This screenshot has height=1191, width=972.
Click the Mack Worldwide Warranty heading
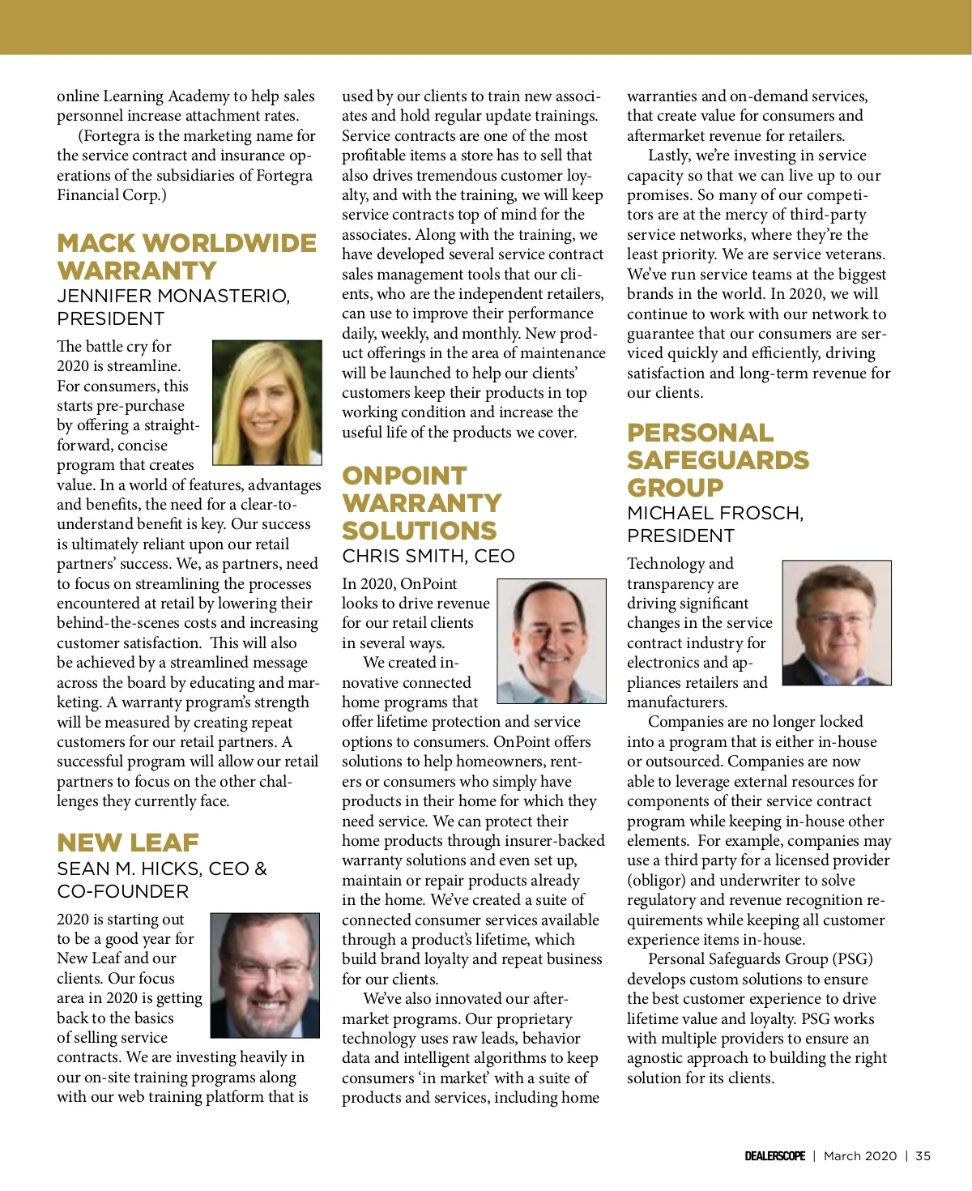pos(186,256)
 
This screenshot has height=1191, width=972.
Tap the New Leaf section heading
pos(128,843)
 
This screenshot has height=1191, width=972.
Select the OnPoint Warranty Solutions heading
pos(421,503)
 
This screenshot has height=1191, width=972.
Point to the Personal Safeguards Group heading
pos(718,460)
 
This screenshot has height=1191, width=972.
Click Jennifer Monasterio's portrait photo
pos(266,403)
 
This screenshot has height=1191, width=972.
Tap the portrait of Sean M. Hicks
pos(265,975)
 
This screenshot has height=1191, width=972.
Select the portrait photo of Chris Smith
pos(551,641)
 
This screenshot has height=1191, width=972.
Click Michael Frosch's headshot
pos(836,622)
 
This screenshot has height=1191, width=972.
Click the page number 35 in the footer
pos(923,1156)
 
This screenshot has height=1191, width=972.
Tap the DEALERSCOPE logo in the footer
pos(774,1156)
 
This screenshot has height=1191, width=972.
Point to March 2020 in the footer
pos(860,1156)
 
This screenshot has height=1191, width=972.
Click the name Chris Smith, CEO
pos(428,556)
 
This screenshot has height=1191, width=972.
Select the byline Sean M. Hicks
pos(130,869)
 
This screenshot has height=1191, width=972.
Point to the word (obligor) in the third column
pos(656,881)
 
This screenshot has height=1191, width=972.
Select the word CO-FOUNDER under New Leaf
pos(122,891)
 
